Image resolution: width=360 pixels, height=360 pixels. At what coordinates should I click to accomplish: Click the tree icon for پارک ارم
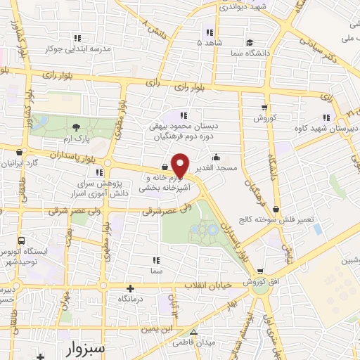tap(76, 127)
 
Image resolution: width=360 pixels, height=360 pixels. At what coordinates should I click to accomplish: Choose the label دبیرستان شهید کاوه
tap(330, 129)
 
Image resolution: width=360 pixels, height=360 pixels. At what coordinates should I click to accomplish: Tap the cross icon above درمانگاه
tap(130, 288)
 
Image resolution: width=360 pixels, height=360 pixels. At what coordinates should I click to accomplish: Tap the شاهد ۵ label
tap(209, 44)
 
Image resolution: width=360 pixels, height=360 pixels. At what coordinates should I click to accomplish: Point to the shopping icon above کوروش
tap(264, 108)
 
